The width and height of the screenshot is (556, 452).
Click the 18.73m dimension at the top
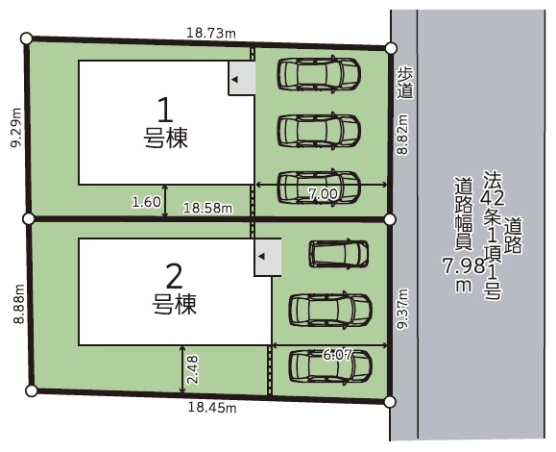click(210, 33)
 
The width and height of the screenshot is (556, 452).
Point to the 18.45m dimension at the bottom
click(210, 408)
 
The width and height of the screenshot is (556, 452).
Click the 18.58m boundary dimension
click(208, 207)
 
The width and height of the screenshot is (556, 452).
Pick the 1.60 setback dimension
click(146, 201)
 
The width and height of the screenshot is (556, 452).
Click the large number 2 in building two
click(174, 277)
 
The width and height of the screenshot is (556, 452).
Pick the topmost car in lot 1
click(318, 73)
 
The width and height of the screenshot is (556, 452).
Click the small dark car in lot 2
click(338, 253)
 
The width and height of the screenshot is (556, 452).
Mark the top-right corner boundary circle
click(390, 48)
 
